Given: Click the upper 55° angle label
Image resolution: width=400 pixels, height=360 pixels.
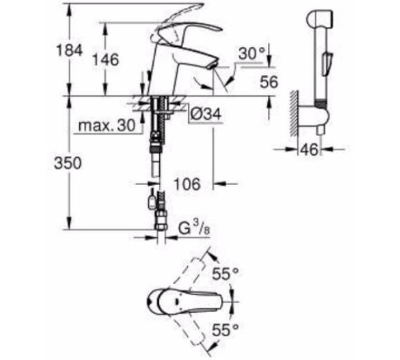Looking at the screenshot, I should click(226, 274).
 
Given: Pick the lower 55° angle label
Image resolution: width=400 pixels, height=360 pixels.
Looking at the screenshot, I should click(226, 330).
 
